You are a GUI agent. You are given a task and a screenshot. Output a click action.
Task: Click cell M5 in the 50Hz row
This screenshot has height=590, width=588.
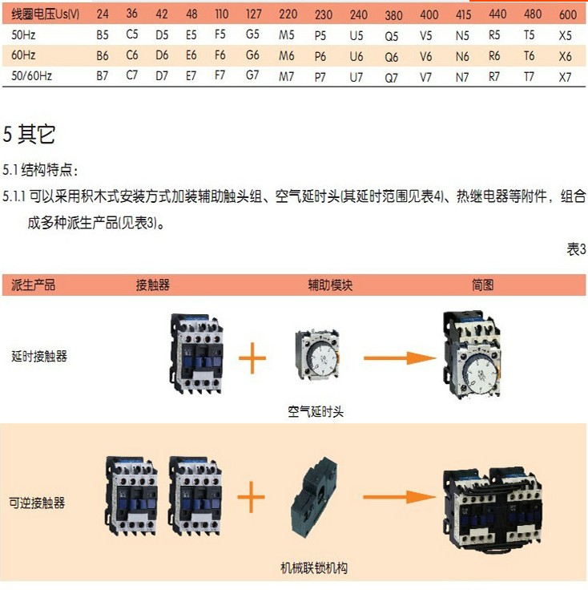(x=287, y=36)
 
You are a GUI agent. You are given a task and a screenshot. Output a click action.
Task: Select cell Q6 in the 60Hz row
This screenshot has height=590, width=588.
(x=391, y=57)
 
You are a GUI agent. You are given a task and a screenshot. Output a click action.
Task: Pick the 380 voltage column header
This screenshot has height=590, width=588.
(x=393, y=15)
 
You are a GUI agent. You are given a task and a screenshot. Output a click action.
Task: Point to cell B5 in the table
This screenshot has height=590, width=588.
(x=102, y=35)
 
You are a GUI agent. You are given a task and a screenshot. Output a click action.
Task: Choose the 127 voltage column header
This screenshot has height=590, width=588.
(x=253, y=14)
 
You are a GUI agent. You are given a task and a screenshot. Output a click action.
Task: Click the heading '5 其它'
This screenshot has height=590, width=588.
(x=29, y=134)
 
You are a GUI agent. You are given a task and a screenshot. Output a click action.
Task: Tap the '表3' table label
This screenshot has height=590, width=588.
(x=576, y=249)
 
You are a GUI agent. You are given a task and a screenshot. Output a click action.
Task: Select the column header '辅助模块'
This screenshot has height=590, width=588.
(x=330, y=285)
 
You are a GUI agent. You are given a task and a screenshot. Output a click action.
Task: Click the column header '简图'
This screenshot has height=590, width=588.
(x=482, y=285)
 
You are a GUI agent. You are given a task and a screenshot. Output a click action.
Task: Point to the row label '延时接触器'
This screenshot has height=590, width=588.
(x=39, y=356)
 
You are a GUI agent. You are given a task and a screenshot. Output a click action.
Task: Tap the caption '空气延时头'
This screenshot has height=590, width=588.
(x=316, y=411)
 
